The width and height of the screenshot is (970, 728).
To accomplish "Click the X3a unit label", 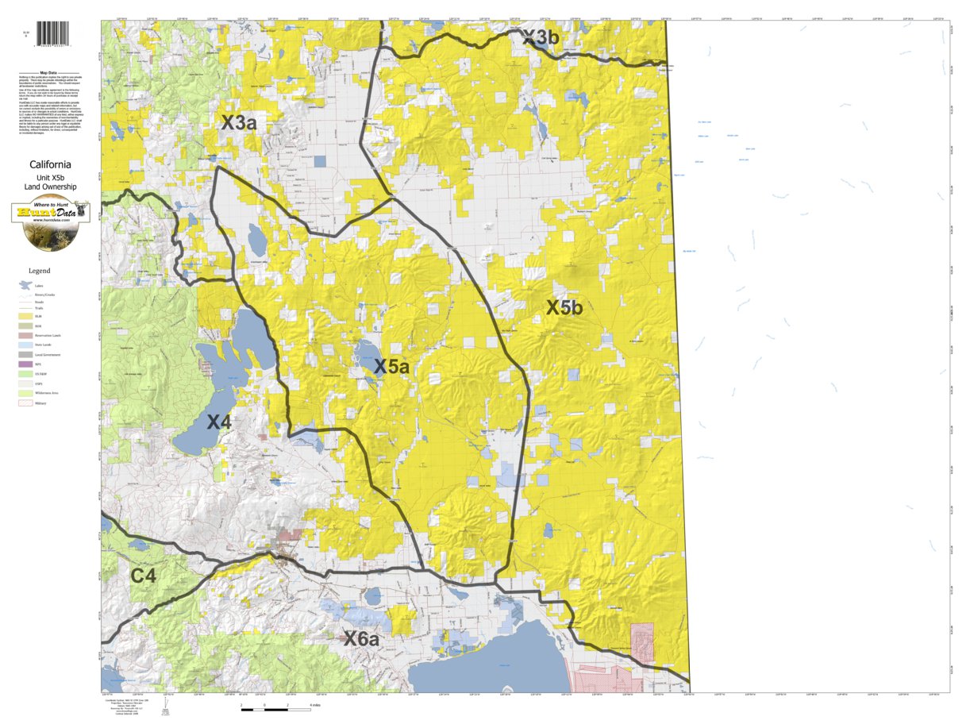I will (238, 123).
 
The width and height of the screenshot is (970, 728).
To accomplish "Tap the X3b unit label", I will (541, 37).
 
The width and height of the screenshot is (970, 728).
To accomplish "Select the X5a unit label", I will (391, 367).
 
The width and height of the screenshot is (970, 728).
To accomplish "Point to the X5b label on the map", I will (564, 308).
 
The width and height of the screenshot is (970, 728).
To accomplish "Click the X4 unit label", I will (219, 422).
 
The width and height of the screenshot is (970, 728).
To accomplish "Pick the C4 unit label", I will (143, 576).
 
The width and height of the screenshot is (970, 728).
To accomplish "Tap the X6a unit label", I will (361, 637).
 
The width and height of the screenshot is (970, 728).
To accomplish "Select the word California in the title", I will (51, 165).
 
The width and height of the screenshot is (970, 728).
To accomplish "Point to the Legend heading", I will (40, 271).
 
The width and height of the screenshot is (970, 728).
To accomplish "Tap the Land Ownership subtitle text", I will (51, 187).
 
